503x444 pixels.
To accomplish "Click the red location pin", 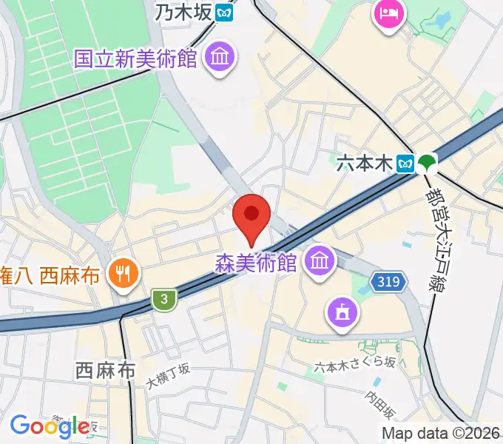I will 251,216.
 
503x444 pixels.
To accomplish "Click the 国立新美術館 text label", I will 135,59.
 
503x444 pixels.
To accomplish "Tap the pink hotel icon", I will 389,13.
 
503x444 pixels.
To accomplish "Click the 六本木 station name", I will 364,163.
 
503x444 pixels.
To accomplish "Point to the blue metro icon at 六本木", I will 405,163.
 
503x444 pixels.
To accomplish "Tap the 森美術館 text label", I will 256,263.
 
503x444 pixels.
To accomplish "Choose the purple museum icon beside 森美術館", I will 320,261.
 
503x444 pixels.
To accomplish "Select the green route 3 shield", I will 164,299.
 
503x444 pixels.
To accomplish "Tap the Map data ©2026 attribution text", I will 441,433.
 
